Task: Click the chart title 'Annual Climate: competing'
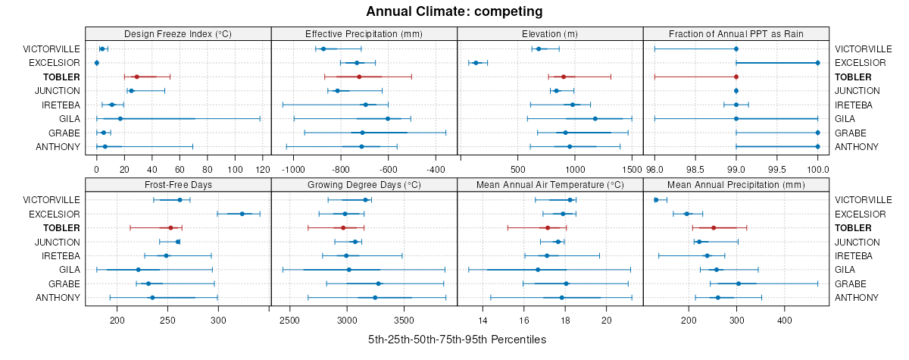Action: tap(454, 11)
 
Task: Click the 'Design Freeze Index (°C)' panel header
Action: tap(178, 33)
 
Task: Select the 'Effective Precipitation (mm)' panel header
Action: tap(364, 33)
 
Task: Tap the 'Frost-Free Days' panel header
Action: tap(178, 184)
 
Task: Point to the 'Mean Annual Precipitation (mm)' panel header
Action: tap(736, 184)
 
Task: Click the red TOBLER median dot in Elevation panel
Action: tap(564, 77)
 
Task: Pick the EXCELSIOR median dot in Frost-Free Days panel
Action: tap(242, 214)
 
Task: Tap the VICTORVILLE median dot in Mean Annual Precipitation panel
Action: tap(656, 200)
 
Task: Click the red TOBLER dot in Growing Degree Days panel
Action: tap(343, 227)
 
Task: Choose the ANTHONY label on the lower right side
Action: tap(853, 298)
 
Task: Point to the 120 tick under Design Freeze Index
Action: tap(263, 170)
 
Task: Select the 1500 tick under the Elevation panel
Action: tap(631, 170)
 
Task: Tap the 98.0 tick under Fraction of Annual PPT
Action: tap(654, 170)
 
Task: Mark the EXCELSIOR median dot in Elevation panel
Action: tap(476, 62)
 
